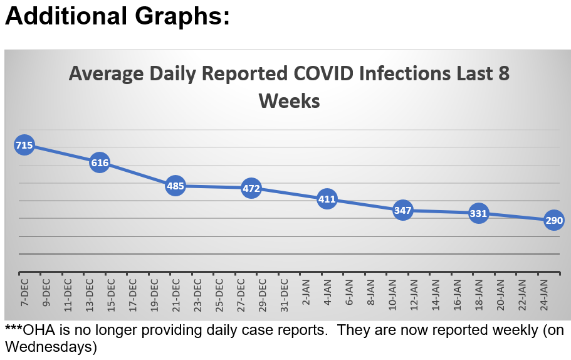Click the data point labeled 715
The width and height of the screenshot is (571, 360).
(24, 146)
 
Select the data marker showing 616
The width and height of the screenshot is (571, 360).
(100, 163)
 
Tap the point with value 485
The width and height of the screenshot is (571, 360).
(175, 186)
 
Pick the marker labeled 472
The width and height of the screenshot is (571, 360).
(251, 188)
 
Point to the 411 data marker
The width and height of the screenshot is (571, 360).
(327, 199)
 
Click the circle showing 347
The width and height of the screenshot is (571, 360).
(402, 210)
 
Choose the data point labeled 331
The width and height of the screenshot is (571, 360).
(478, 213)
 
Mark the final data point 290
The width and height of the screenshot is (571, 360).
(554, 220)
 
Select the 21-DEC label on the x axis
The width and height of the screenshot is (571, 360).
(176, 292)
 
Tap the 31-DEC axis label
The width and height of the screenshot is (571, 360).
(284, 292)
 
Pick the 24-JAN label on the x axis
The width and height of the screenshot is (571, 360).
(544, 292)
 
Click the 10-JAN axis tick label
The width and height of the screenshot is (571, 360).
(392, 292)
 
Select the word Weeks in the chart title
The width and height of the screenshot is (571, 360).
(289, 100)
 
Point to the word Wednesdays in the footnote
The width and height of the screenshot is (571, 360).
(51, 346)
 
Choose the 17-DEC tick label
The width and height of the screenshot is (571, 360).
(133, 292)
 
